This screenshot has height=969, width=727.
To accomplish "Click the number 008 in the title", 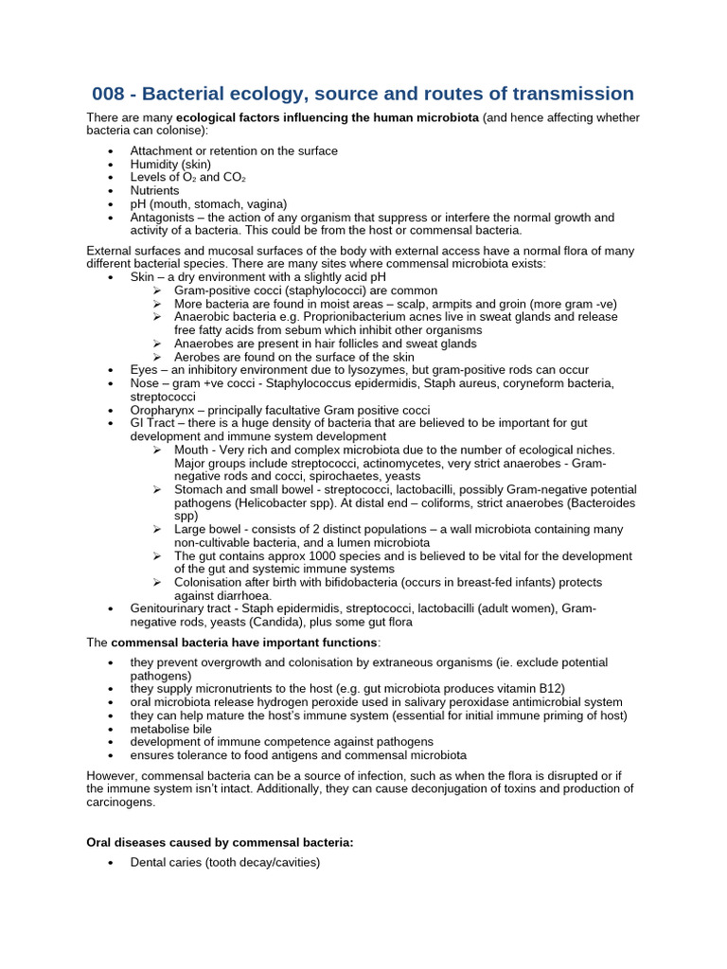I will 112,94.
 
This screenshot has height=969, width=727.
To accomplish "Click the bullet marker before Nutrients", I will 112,190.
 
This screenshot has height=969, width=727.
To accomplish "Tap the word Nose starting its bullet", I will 146,382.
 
